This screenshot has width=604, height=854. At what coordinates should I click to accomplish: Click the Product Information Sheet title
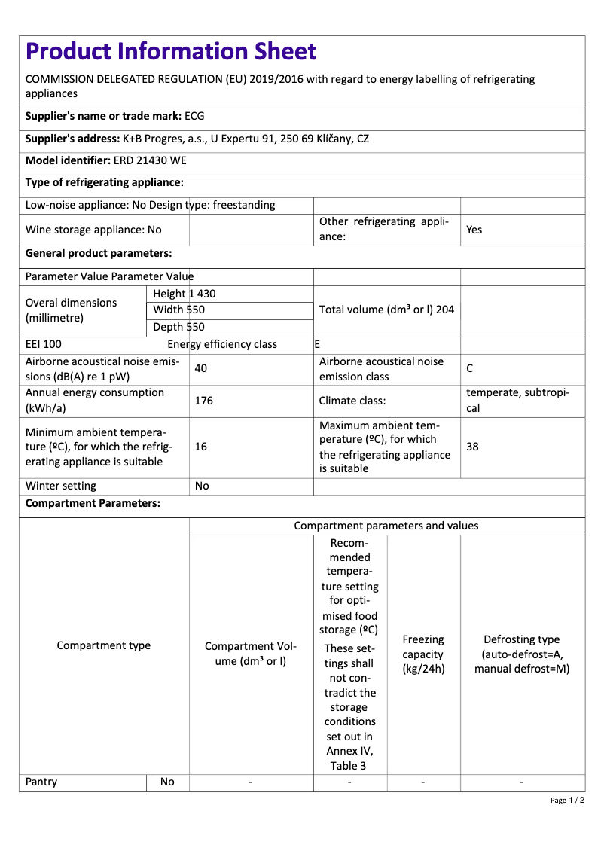171,51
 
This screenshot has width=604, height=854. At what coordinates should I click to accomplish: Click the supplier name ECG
194,116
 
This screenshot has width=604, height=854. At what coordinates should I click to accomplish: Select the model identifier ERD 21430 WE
150,160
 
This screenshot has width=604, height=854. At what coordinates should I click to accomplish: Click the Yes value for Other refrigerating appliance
474,230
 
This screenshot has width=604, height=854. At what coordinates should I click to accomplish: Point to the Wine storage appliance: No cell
93,230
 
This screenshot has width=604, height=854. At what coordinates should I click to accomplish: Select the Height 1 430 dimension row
185,294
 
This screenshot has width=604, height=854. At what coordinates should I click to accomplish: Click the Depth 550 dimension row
178,327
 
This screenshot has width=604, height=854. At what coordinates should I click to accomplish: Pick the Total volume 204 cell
386,310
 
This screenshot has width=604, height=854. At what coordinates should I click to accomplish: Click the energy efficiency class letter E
317,344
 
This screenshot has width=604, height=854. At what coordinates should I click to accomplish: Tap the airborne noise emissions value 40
201,369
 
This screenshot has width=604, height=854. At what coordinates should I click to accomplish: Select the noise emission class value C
470,369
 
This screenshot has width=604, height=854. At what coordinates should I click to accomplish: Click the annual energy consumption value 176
203,401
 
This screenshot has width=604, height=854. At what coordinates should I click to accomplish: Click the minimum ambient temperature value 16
201,447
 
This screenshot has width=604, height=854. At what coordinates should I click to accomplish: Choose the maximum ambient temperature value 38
472,447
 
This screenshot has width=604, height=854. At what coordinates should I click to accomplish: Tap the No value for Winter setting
202,486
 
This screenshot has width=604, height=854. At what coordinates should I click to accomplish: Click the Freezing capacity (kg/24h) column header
423,654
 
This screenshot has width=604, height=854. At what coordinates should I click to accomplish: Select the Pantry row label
41,782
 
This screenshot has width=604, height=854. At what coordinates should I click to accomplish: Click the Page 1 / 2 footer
567,800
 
